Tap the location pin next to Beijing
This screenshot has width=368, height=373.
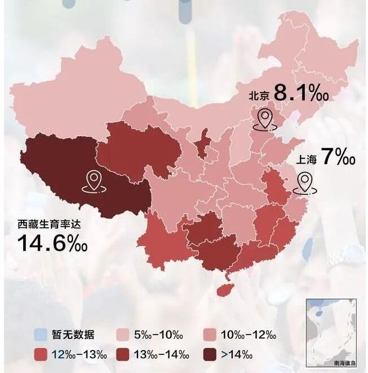click(264, 119)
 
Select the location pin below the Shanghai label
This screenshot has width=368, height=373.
click(305, 181)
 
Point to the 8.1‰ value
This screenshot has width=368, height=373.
click(302, 93)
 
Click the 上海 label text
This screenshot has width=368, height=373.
click(305, 159)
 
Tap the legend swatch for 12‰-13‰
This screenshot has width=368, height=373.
click(40, 354)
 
